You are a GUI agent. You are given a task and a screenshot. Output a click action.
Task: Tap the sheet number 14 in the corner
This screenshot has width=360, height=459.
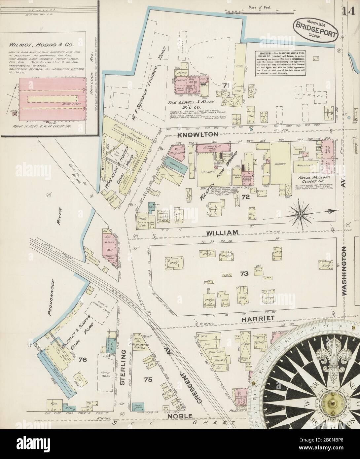tap(349, 12)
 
